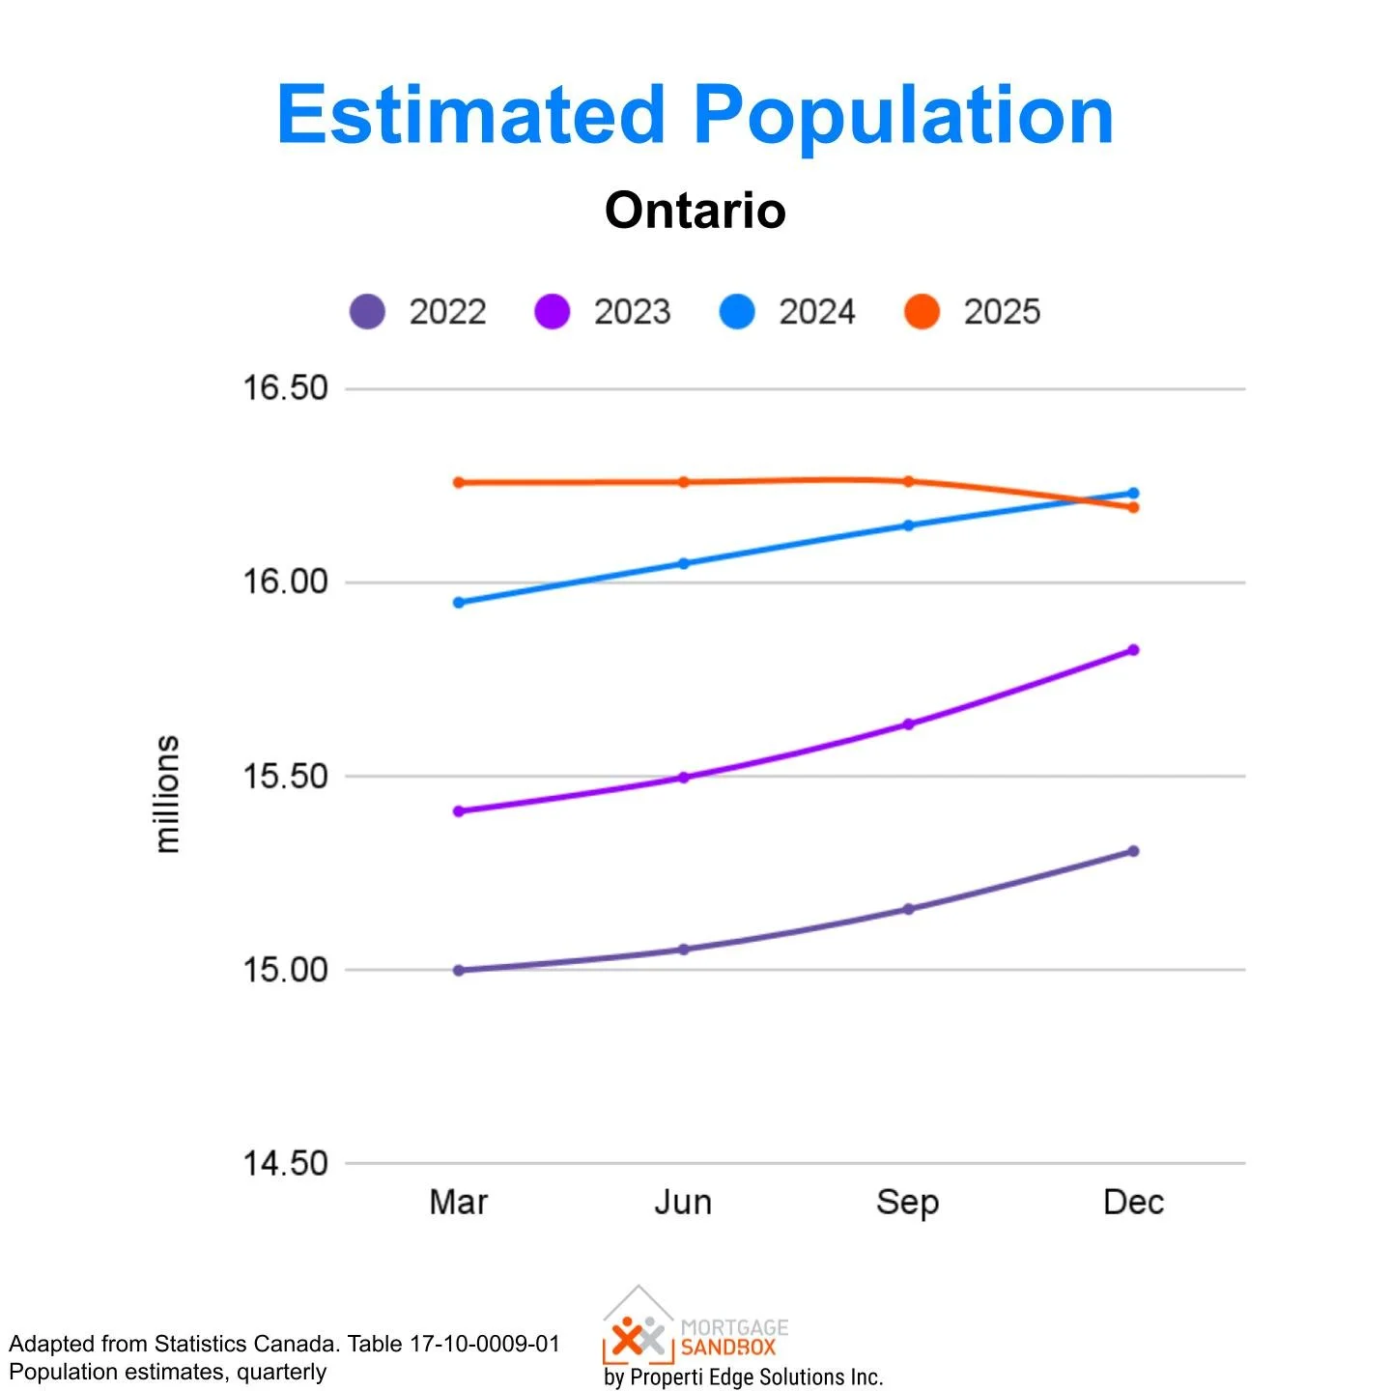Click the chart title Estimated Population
tap(695, 116)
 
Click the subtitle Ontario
tap(695, 211)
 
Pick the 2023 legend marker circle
tap(553, 312)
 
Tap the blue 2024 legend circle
tap(737, 312)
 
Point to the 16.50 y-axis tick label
tap(285, 388)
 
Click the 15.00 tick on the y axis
tap(285, 970)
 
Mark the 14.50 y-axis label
tap(285, 1164)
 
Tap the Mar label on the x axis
tap(458, 1203)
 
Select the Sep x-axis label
tap(907, 1203)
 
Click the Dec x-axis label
tap(1133, 1203)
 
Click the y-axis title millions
tap(167, 794)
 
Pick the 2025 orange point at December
tap(1133, 507)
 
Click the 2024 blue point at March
tap(459, 603)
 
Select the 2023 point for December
tap(1133, 650)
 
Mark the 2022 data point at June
tap(684, 950)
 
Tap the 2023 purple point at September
tap(908, 724)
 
